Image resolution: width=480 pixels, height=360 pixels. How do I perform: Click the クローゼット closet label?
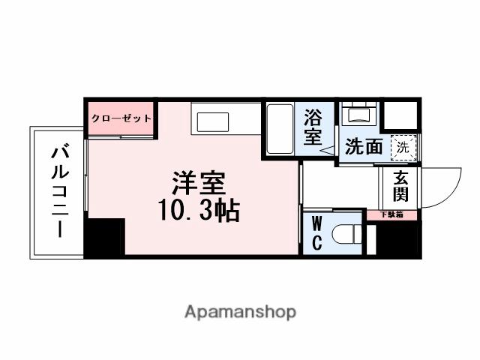point(121,118)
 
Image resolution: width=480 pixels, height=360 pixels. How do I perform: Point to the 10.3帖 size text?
point(198,212)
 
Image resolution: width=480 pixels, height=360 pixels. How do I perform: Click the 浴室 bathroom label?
point(313,127)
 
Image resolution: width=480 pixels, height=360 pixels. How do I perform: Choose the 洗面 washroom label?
point(363,146)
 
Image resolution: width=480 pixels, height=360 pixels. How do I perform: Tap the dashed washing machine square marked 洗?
point(403,147)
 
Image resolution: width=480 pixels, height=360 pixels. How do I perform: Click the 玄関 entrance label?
point(400,188)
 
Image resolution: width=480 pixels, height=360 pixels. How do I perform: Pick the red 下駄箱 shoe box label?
point(391,214)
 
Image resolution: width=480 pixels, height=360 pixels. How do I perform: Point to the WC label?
point(316,233)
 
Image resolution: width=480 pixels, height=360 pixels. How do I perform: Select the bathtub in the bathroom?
point(280,130)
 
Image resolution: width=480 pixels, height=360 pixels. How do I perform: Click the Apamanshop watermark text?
point(240,311)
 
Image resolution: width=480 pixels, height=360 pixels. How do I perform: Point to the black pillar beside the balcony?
point(104,238)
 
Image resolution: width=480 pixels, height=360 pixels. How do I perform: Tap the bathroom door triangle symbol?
point(328,150)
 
